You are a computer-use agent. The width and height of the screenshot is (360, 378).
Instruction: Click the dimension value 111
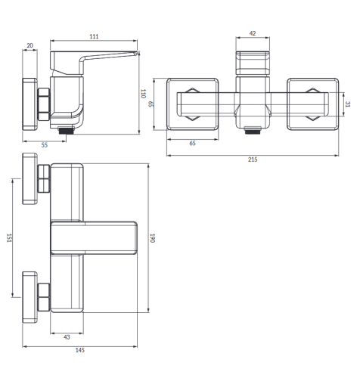point(94,36)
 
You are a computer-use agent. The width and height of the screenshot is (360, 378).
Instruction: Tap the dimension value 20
point(29,45)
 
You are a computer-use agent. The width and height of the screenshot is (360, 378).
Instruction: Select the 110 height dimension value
point(143,94)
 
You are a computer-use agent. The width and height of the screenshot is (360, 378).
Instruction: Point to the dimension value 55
point(45,145)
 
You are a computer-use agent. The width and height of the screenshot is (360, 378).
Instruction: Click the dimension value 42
point(253,33)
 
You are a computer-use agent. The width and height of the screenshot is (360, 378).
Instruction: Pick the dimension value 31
point(348,104)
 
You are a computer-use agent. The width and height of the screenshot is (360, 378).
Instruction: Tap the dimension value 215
point(253,160)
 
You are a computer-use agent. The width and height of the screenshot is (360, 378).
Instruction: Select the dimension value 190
point(152,238)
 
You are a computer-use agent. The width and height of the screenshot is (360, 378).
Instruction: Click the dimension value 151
point(9,238)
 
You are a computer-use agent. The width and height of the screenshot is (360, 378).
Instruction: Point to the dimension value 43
point(67,337)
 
